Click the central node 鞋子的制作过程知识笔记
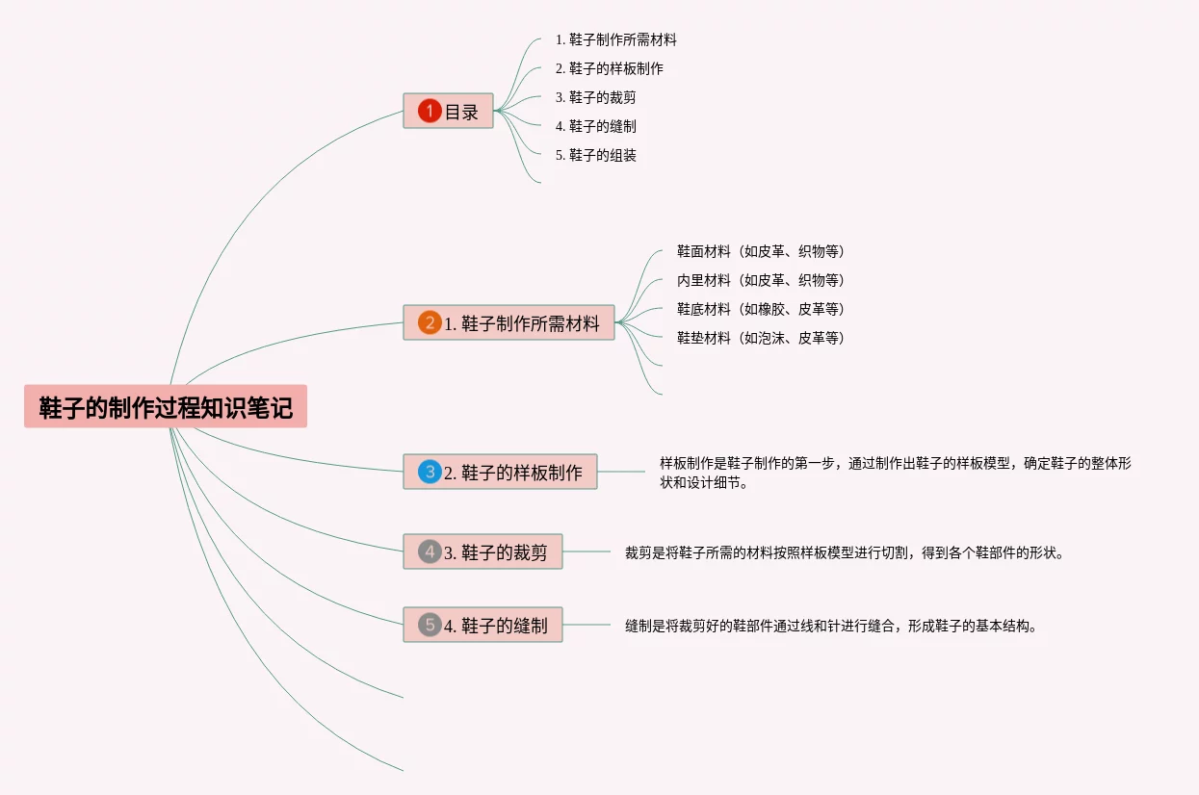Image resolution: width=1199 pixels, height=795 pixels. (166, 407)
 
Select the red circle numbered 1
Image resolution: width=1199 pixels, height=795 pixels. (430, 112)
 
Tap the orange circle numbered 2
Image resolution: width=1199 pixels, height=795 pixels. (430, 323)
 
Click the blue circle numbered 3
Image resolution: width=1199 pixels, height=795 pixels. (430, 473)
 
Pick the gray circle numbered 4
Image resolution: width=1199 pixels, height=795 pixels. (430, 552)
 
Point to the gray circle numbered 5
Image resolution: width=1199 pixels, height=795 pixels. (430, 625)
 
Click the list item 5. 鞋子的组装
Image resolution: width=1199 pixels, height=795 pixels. (596, 155)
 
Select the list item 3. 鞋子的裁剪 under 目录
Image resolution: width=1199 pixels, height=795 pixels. (595, 97)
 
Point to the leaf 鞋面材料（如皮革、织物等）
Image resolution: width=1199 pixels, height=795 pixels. (760, 251)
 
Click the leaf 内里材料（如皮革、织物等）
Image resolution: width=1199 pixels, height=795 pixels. (760, 280)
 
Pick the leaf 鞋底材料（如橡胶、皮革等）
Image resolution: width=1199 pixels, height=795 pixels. (760, 309)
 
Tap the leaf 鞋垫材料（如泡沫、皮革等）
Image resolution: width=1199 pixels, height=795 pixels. (760, 338)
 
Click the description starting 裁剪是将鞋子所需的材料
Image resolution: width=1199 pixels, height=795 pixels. (846, 552)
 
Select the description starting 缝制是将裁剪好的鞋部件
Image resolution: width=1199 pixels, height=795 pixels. (832, 626)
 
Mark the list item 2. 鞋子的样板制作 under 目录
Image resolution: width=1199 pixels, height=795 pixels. (609, 68)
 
